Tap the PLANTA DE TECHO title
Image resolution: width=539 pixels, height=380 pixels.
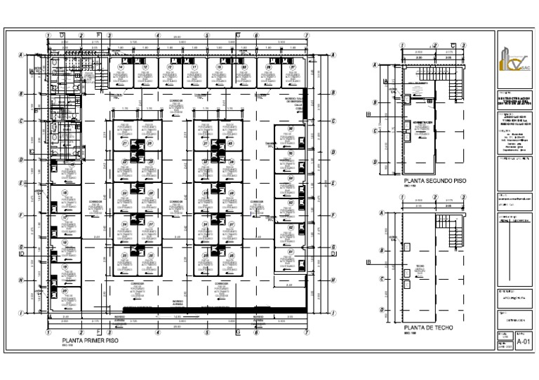click(428, 327)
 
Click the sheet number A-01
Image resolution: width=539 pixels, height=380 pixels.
click(524, 341)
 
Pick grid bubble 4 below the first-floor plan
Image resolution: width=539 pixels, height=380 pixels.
click(159, 332)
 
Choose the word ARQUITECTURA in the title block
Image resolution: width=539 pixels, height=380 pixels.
click(508, 297)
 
